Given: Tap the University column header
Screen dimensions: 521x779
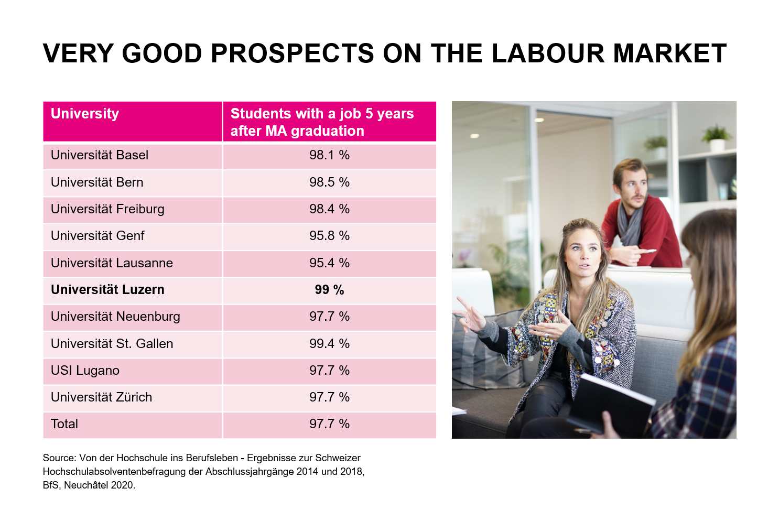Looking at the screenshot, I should pyautogui.click(x=85, y=114).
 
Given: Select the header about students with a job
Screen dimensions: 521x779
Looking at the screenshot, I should pyautogui.click(x=322, y=122).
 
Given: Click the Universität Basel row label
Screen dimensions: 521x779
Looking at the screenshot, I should pyautogui.click(x=100, y=155).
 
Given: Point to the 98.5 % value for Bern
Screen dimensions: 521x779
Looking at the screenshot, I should pyautogui.click(x=329, y=182).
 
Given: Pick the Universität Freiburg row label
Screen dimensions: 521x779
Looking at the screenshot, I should pyautogui.click(x=107, y=209).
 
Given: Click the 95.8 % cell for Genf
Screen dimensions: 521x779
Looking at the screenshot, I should pyautogui.click(x=329, y=236).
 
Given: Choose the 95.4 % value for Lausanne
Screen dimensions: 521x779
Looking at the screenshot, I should pyautogui.click(x=329, y=263).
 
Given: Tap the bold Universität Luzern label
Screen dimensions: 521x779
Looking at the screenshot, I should pyautogui.click(x=107, y=290).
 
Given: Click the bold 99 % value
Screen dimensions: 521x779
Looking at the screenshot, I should pyautogui.click(x=329, y=290).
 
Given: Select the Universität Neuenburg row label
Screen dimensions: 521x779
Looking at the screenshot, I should pyautogui.click(x=115, y=317).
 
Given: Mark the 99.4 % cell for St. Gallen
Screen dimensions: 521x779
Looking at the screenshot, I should pyautogui.click(x=329, y=344).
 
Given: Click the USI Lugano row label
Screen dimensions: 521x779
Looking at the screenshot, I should pyautogui.click(x=85, y=371).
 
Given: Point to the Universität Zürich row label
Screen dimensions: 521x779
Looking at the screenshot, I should pyautogui.click(x=101, y=397).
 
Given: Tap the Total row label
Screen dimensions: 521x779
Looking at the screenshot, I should pyautogui.click(x=64, y=424).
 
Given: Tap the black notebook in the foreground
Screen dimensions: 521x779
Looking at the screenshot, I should pyautogui.click(x=608, y=404).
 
